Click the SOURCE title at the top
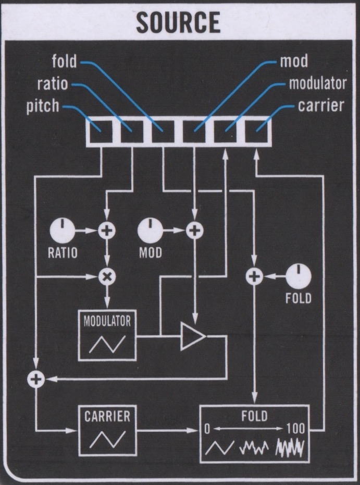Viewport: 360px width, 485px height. click(177, 22)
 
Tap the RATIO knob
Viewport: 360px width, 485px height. click(63, 231)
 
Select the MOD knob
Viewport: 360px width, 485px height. click(150, 231)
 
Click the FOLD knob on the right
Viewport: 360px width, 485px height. click(299, 276)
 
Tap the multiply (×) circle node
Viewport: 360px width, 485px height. click(107, 277)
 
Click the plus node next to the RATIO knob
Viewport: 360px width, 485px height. click(107, 231)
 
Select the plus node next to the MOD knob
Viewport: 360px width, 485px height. click(194, 231)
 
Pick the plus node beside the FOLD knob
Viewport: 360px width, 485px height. click(255, 277)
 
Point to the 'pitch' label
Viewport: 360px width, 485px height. click(43, 107)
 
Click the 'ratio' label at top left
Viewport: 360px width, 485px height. click(52, 84)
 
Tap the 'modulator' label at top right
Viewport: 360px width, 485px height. click(317, 83)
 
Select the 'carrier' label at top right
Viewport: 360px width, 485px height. click(321, 106)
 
